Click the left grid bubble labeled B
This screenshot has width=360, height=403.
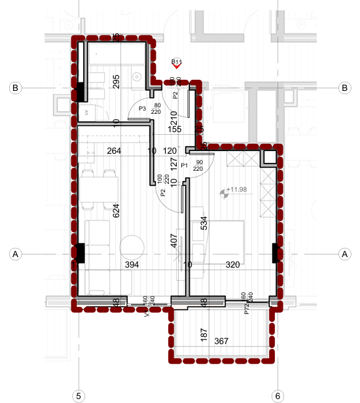pyautogui.click(x=14, y=88)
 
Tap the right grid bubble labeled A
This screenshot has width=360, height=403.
pyautogui.click(x=344, y=254)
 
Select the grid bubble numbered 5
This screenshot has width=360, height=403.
pyautogui.click(x=79, y=396)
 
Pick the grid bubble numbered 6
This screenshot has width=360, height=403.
pyautogui.click(x=278, y=396)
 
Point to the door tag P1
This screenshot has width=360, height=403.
pyautogui.click(x=185, y=166)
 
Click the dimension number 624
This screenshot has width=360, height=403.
pyautogui.click(x=117, y=211)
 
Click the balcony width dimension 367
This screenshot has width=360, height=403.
pyautogui.click(x=221, y=340)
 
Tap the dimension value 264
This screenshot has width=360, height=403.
pyautogui.click(x=115, y=151)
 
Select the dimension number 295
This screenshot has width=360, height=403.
pyautogui.click(x=117, y=82)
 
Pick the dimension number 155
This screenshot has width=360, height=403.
pyautogui.click(x=174, y=130)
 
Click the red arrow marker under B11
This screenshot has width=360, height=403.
pyautogui.click(x=176, y=65)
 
